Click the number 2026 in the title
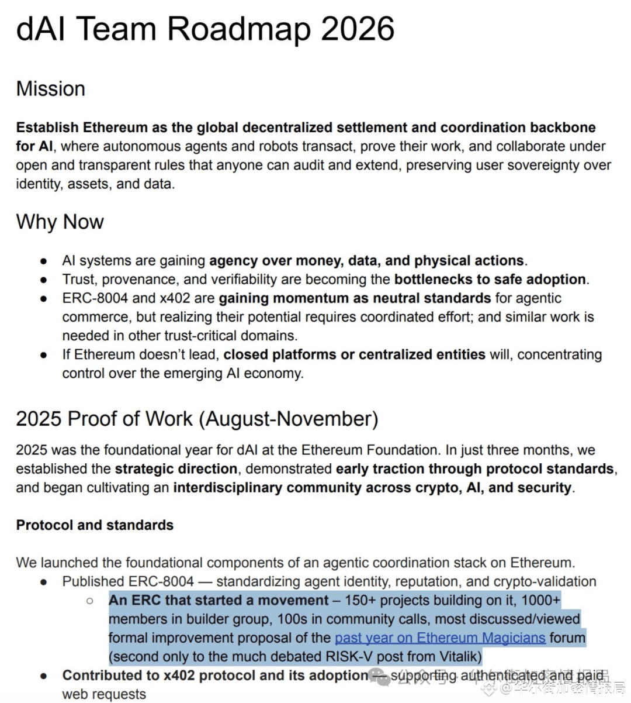pos(358,29)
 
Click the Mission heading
pos(51,89)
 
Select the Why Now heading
pos(60,222)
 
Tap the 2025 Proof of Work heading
pos(197,419)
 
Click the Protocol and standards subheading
pos(95,525)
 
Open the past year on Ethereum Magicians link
pos(440,637)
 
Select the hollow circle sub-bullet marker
pos(89,601)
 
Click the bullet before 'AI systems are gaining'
pos(43,261)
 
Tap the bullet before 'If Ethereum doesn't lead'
pos(43,355)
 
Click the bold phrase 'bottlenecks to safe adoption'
pos(490,280)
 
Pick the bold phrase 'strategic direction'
pos(176,469)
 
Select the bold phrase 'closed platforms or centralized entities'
pos(354,354)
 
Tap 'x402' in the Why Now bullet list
pos(175,298)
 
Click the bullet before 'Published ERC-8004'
pos(43,582)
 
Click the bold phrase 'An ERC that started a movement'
pos(219,600)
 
